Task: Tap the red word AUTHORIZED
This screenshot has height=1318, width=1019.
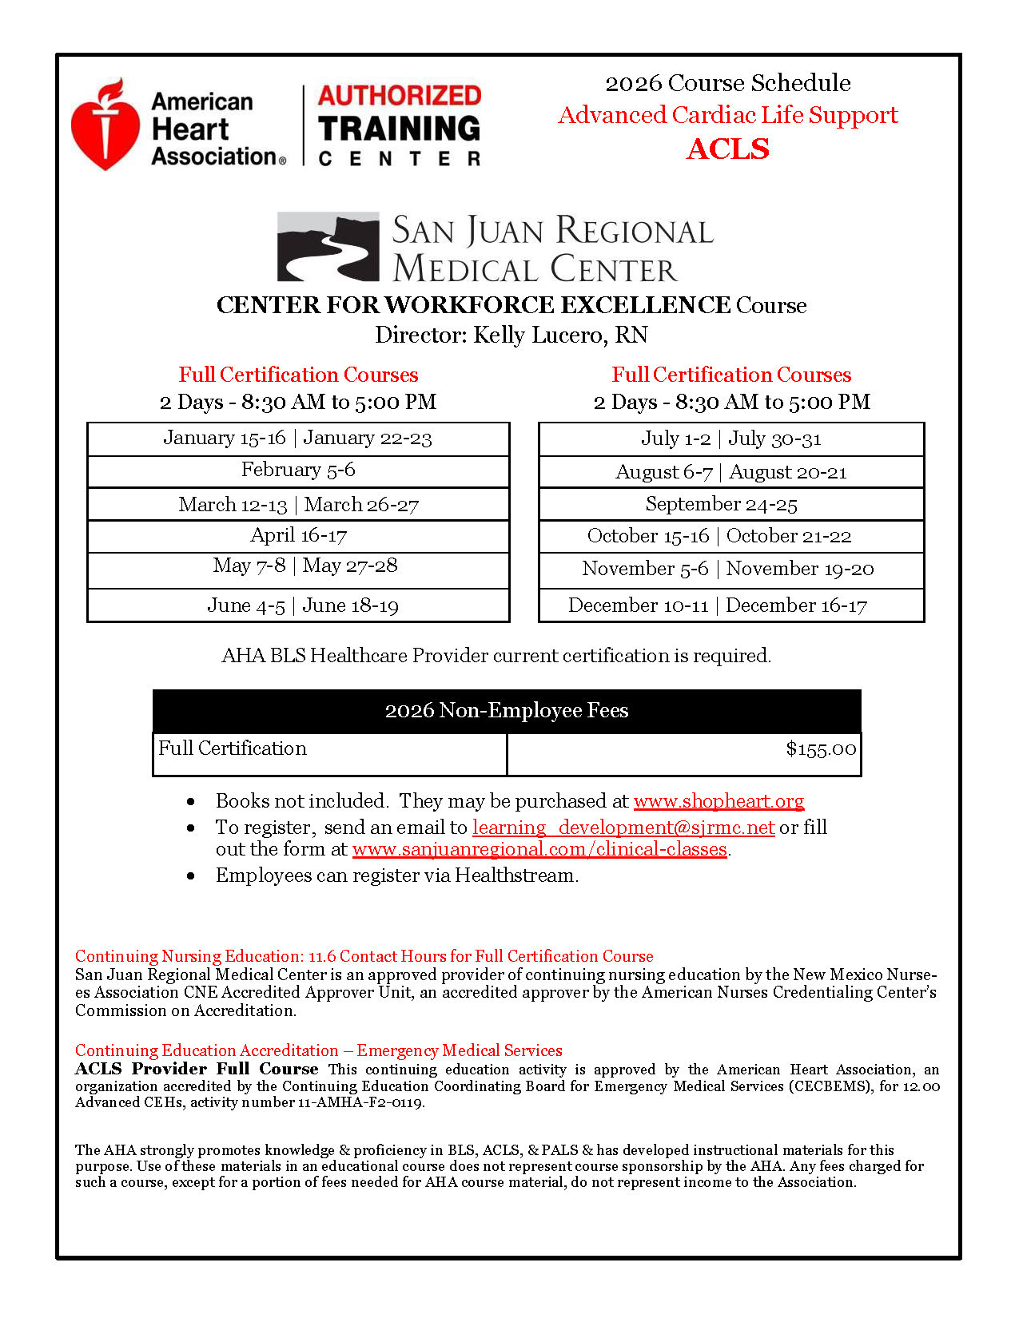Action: pos(400,96)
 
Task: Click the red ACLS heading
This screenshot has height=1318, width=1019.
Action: pos(727,149)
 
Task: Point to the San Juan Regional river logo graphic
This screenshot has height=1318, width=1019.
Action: pos(328,246)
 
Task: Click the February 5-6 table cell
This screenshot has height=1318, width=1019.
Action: pos(298,470)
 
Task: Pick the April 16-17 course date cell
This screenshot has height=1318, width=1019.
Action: pos(298,536)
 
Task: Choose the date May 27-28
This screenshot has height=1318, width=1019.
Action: pos(350,566)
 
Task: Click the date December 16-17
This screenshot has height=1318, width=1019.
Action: pos(796,605)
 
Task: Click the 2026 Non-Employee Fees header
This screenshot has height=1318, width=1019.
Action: pos(507,711)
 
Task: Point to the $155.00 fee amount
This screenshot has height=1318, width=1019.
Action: pos(821,749)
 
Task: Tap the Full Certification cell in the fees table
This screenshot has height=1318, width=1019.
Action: pos(233,748)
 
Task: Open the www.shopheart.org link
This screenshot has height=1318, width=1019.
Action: pos(718,801)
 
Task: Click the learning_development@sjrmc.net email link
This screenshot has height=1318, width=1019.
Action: pos(623,828)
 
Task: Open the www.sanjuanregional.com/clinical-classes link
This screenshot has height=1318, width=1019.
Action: pos(539,849)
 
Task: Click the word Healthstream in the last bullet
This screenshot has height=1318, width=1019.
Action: pos(515,875)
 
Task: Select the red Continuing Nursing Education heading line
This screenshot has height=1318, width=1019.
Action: pos(364,956)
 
